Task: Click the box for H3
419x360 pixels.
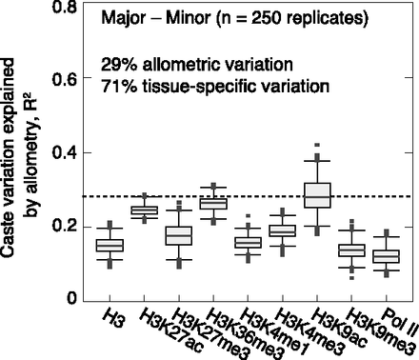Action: click(110, 246)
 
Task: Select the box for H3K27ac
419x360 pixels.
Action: click(144, 210)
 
